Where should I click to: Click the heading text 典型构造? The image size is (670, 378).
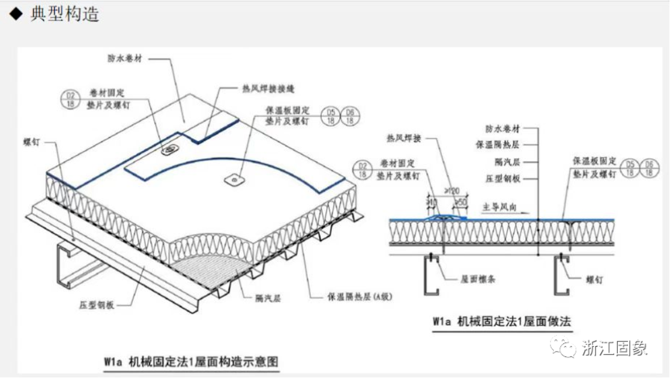(65, 14)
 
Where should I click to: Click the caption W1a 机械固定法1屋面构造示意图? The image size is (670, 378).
(191, 362)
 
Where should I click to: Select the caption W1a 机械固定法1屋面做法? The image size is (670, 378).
(501, 322)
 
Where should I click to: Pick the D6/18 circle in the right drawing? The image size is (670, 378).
(649, 168)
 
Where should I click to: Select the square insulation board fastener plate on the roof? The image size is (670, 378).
(233, 178)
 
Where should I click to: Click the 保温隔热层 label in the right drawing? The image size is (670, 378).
(498, 145)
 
